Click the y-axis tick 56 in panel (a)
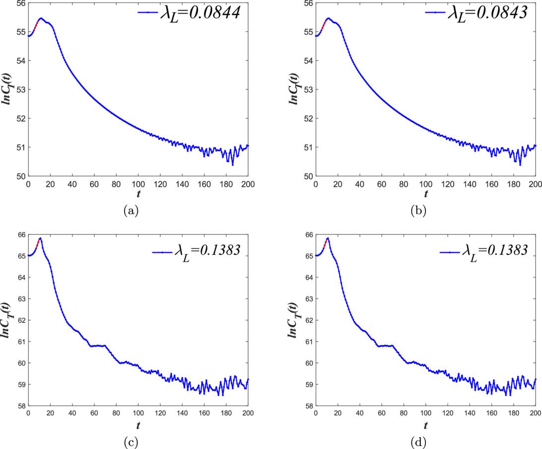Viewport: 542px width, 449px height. (20, 3)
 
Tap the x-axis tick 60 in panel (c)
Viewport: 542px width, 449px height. (94, 413)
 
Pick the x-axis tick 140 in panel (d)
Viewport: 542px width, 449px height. (470, 413)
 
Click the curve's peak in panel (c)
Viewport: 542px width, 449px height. (40, 238)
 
